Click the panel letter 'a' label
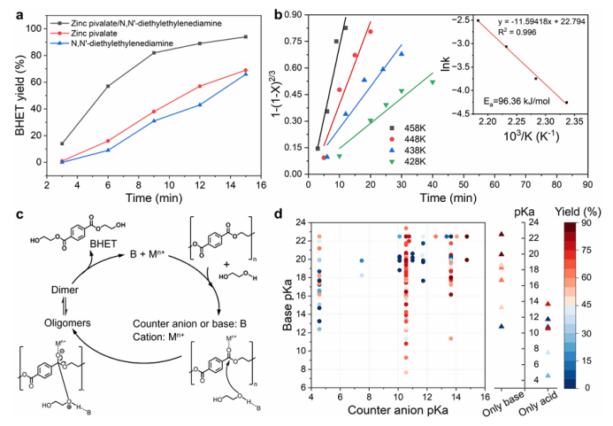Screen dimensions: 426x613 tap(8, 11)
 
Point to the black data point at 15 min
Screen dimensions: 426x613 tap(245, 36)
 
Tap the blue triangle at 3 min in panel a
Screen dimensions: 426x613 tap(62, 162)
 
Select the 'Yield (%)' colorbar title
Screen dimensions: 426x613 tap(579, 212)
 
